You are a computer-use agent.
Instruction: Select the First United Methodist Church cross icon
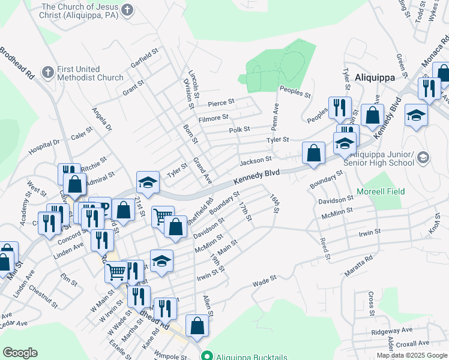pyautogui.click(x=47, y=73)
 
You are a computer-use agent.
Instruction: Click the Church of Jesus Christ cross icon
pyautogui.click(x=126, y=10)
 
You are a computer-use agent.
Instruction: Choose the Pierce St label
pyautogui.click(x=220, y=103)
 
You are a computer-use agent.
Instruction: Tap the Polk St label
pyautogui.click(x=239, y=130)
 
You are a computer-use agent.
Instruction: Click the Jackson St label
pyautogui.click(x=256, y=161)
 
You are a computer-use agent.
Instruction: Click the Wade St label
pyautogui.click(x=264, y=280)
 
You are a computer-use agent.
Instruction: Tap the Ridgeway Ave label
pyautogui.click(x=392, y=330)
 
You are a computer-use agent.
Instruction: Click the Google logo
pyautogui.click(x=20, y=353)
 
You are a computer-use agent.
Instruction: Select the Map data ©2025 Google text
pyautogui.click(x=411, y=355)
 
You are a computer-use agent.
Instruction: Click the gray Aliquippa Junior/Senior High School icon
pyautogui.click(x=423, y=158)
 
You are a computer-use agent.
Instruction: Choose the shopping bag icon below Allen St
pyautogui.click(x=196, y=326)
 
